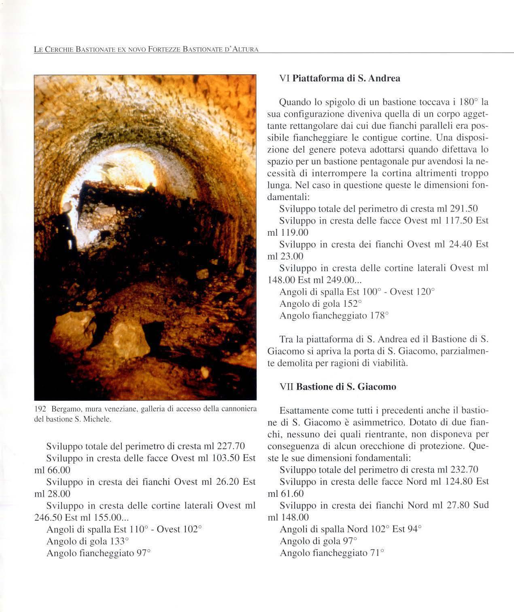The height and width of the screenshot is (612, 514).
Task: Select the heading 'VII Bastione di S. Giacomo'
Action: (x=338, y=387)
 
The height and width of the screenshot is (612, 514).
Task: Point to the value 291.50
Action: (x=464, y=209)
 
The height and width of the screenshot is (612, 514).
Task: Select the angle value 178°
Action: (x=379, y=316)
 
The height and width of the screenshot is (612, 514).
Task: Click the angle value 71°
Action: (x=376, y=553)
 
